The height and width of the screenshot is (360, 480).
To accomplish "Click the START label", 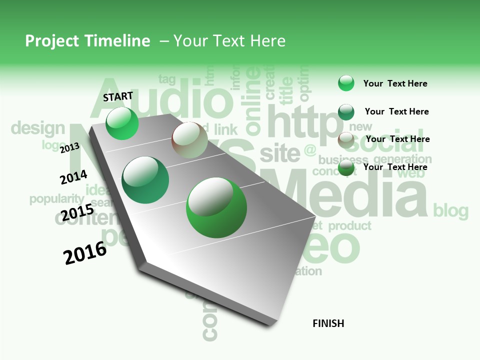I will (x=118, y=96).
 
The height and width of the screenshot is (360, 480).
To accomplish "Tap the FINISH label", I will (x=328, y=323).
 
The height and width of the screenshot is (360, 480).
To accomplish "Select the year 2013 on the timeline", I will (x=69, y=148).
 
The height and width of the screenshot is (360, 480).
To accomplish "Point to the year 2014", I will (x=73, y=177).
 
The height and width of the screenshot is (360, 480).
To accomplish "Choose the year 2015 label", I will (x=77, y=212).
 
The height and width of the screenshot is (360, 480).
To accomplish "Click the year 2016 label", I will (x=85, y=253).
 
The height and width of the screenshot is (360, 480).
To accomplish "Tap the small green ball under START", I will (x=122, y=123).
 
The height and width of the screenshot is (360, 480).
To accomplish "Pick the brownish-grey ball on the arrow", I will (x=189, y=140).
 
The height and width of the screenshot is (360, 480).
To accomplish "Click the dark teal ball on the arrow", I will (x=145, y=180).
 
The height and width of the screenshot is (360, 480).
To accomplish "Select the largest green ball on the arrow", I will (x=216, y=207).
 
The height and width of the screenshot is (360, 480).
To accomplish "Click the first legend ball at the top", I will (x=346, y=83).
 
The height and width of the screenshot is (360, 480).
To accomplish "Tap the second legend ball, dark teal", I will (x=346, y=112).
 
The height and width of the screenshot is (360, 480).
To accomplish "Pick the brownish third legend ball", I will (x=346, y=140).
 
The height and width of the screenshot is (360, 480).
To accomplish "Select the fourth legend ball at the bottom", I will (x=346, y=168).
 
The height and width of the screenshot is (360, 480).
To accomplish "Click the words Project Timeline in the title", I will (x=87, y=41).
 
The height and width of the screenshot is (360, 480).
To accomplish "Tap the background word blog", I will (x=450, y=210).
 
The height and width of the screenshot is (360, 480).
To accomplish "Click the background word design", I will (x=38, y=128).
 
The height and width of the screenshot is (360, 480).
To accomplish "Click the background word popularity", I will (x=56, y=198).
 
